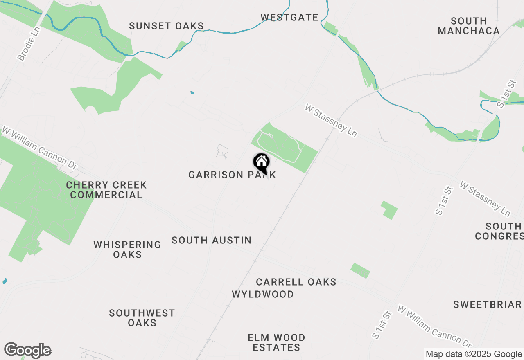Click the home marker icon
click(261, 162)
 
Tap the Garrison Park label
click(232, 175)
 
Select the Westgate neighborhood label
click(289, 17)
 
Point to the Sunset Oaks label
click(166, 26)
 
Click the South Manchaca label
click(469, 26)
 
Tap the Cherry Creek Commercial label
click(106, 190)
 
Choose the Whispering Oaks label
click(127, 250)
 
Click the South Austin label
click(212, 240)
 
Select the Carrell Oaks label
click(296, 282)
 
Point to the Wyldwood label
click(263, 294)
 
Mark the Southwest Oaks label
click(142, 318)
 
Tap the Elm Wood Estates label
click(276, 342)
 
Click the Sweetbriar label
click(487, 304)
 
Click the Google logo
click(27, 351)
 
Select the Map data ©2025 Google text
click(474, 354)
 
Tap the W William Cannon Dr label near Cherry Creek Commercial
click(39, 148)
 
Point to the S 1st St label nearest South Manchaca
click(506, 94)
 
